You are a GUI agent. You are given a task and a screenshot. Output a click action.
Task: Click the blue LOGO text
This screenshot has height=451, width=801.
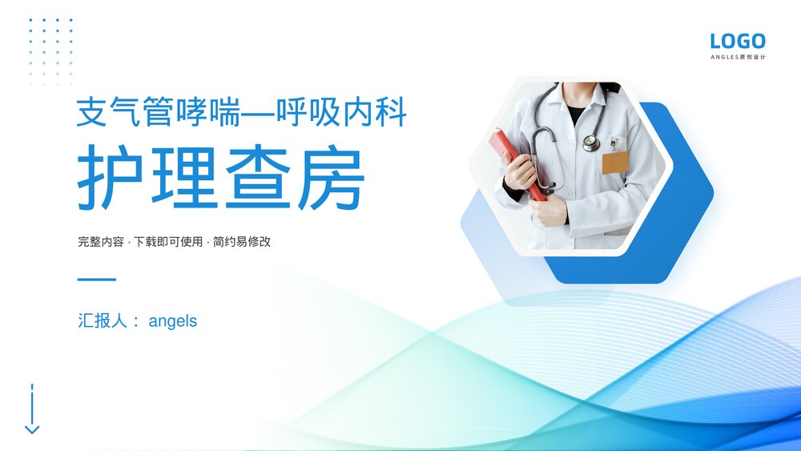(x=738, y=41)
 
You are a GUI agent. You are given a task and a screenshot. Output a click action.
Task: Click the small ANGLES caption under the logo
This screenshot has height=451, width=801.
(x=738, y=57)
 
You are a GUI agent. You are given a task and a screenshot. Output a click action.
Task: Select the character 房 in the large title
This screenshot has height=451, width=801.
(x=331, y=177)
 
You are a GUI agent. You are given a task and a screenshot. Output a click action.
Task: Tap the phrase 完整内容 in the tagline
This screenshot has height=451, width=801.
(x=100, y=241)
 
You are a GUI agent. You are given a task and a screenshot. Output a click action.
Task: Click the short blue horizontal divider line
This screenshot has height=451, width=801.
(x=96, y=280)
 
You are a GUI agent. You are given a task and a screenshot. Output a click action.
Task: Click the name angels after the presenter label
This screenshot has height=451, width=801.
(x=173, y=321)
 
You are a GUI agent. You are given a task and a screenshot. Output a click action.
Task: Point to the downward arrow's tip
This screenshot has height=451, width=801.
(x=32, y=432)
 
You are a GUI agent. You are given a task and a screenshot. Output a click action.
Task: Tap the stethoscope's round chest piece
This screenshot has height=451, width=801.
(x=591, y=143)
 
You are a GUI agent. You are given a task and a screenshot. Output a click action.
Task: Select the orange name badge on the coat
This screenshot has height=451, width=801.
(x=614, y=163)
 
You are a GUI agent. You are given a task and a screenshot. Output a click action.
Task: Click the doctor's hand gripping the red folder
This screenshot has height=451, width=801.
(x=521, y=171)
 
